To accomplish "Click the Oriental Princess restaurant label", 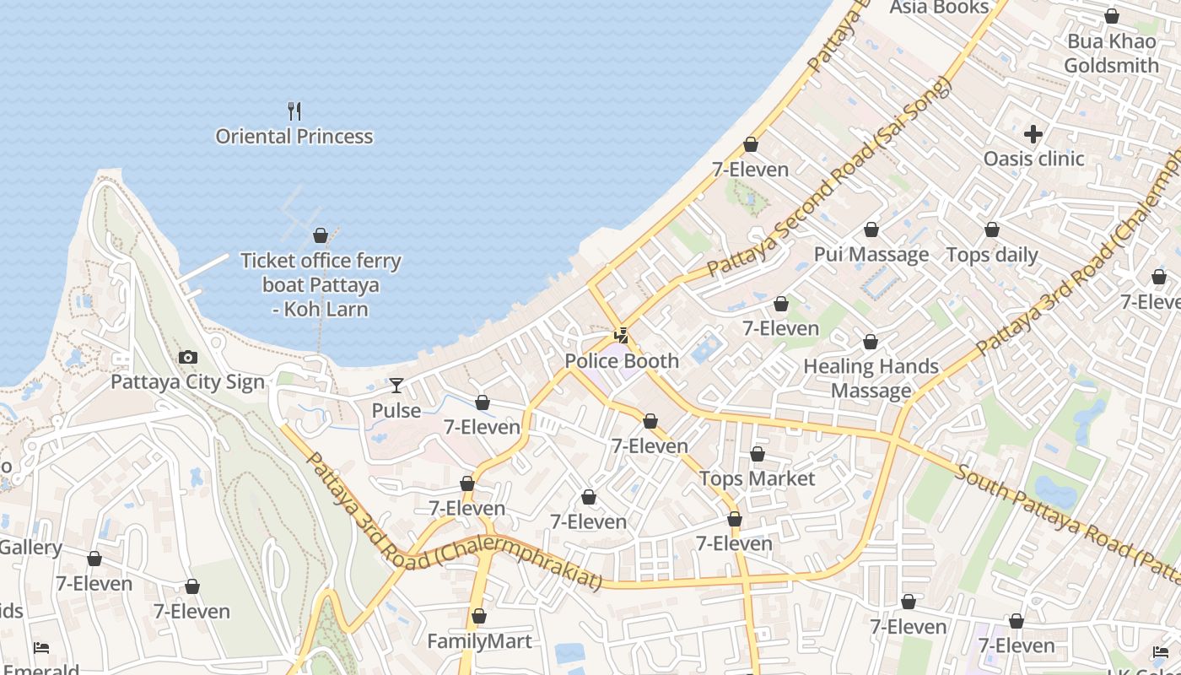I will point(294,137).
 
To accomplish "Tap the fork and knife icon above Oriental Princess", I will point(294,111).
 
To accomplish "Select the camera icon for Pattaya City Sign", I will point(188,358).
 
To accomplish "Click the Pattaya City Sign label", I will point(188,382).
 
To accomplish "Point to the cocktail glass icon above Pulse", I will point(396,386).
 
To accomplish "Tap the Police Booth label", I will point(622,361).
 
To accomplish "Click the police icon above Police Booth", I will point(622,336).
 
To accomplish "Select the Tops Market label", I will point(758,479).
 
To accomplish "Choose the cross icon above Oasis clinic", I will point(1033,134).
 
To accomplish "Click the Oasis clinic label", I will point(1033,159).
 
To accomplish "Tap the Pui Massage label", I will point(871,255).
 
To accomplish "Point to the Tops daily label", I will point(992,255).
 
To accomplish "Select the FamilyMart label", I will point(479,641).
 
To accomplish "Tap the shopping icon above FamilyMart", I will point(479,617).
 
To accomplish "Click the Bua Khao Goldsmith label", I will point(1111,53).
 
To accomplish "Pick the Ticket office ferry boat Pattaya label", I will point(321,285).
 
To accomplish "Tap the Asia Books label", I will point(939,8).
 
